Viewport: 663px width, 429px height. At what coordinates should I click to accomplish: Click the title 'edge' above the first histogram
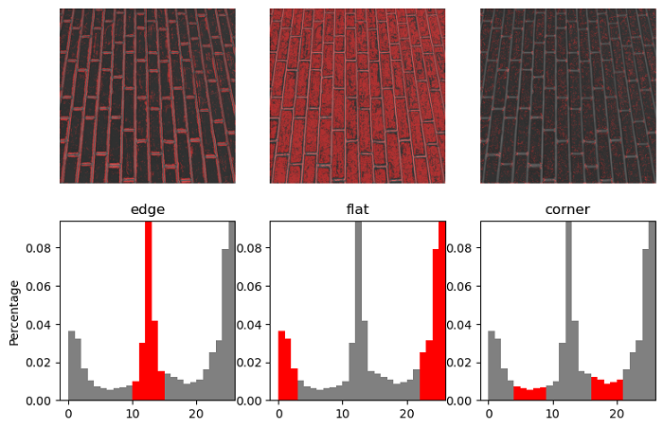point(147,210)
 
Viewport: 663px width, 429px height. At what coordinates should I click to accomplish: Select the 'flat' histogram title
point(357,210)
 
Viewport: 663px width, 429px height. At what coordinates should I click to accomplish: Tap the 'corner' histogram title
point(567,210)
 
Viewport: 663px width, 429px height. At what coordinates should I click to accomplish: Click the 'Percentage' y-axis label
point(14,311)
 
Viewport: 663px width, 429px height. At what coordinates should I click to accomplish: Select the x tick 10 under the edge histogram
point(132,415)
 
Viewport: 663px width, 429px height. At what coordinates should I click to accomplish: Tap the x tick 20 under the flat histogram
point(406,415)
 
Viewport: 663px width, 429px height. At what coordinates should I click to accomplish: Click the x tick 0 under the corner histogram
point(488,415)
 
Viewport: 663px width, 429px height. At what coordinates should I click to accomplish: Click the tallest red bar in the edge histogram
point(148,313)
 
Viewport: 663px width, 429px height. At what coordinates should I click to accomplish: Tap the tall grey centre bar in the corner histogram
point(568,313)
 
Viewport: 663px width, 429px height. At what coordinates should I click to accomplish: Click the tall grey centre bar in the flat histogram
point(358,313)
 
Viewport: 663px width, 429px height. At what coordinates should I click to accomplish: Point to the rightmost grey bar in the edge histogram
point(232,313)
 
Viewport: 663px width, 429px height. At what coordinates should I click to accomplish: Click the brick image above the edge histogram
point(148,96)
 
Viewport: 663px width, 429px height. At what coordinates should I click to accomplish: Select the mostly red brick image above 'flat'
point(357,96)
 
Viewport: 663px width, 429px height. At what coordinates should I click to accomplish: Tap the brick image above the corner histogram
point(567,96)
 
